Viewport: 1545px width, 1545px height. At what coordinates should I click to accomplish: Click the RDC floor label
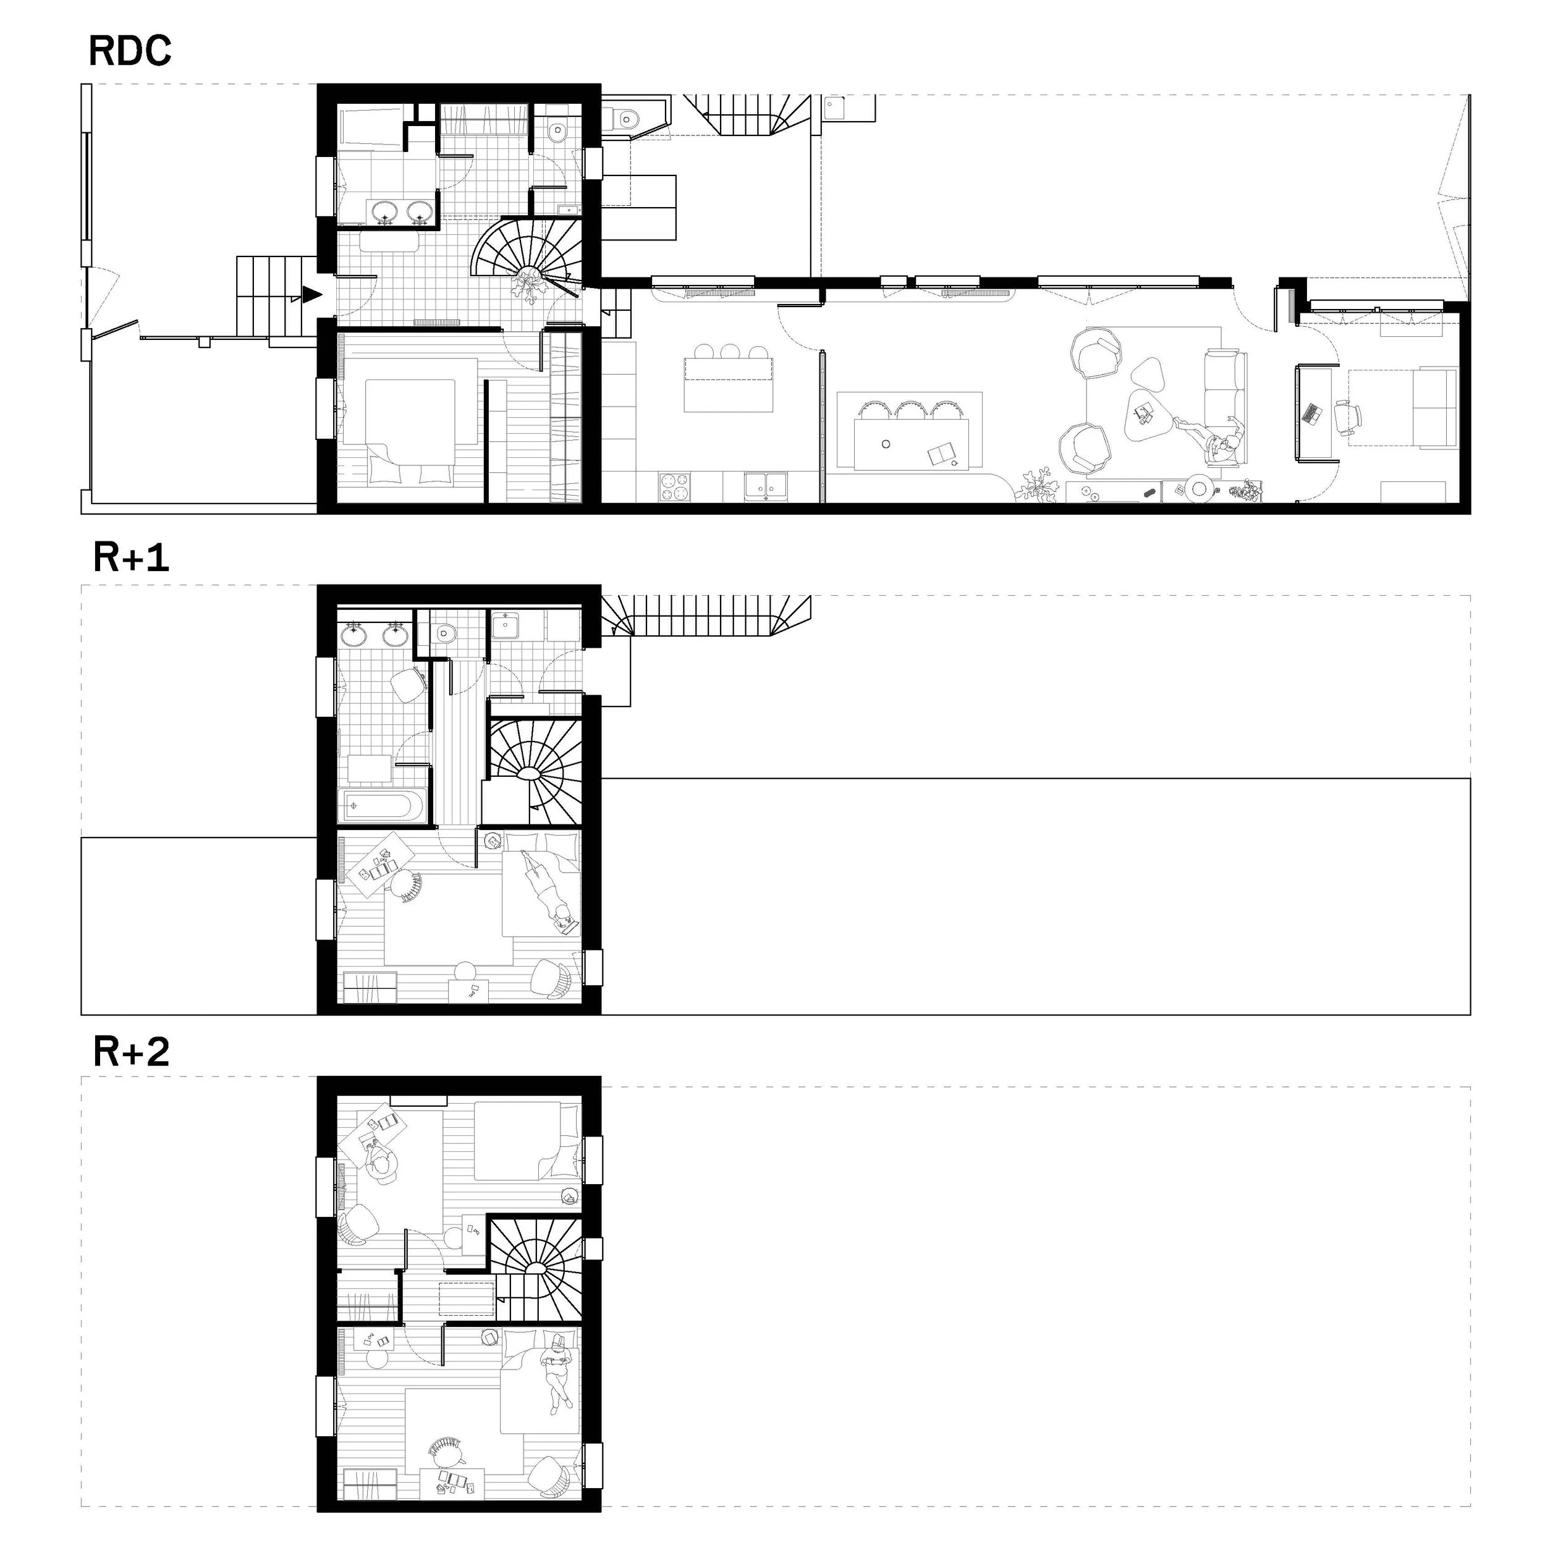[x=130, y=51]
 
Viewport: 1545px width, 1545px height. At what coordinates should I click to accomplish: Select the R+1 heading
[x=131, y=557]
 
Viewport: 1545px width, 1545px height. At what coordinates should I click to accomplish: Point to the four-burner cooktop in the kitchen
[x=674, y=487]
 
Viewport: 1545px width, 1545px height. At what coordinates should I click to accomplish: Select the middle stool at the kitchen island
[x=729, y=351]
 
